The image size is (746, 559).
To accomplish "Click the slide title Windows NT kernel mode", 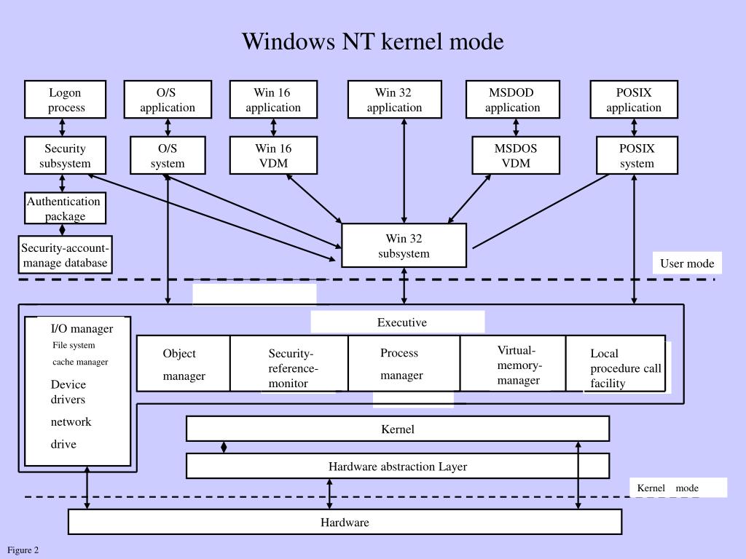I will pos(372,41).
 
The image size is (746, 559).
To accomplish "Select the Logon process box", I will pos(66,100).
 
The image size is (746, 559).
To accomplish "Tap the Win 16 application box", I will pos(273,100).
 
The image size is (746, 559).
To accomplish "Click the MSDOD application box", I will pos(513,100).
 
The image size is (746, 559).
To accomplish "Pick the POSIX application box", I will pos(634,100).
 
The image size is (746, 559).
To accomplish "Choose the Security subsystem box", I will pos(66,156).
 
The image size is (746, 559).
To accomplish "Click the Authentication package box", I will pos(65,208).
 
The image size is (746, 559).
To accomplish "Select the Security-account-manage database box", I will pos(65,255).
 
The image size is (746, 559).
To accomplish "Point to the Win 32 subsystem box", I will pos(404,246).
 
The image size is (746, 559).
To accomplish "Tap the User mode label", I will pos(687,263).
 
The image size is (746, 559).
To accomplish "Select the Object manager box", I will pos(184,364).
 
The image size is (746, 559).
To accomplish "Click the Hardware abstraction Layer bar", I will pos(397,467).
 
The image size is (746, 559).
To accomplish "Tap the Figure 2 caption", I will pos(23,550).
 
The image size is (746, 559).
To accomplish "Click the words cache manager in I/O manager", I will pos(80,362).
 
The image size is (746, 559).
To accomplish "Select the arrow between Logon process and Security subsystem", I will pos(63,127).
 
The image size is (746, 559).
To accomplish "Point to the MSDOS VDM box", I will pos(516,156).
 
